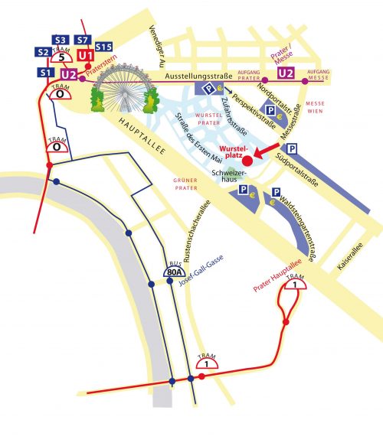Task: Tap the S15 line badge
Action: [x=103, y=47]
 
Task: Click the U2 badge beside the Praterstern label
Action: [x=70, y=74]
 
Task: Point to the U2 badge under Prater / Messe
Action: [x=286, y=73]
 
